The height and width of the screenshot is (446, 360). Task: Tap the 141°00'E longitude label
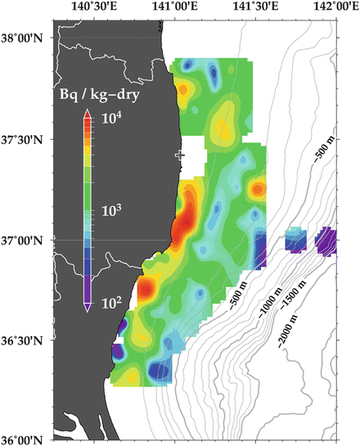172,7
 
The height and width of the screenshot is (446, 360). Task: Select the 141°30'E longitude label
252,7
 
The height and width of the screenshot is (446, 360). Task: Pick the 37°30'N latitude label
25,139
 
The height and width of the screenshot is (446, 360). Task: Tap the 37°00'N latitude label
25,240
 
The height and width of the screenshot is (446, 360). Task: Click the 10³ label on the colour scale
112,210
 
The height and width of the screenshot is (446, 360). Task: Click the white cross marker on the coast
180,154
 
